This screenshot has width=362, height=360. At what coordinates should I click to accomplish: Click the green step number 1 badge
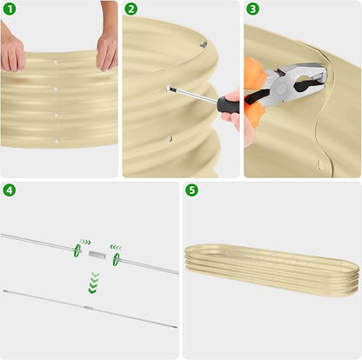(x=10, y=10)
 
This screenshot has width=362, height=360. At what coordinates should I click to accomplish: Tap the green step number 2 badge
(x=131, y=10)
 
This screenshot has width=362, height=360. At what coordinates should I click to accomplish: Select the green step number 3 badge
(x=252, y=10)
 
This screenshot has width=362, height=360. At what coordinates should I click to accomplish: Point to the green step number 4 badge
(x=10, y=190)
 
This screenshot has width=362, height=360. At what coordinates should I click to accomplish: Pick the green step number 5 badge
(x=191, y=190)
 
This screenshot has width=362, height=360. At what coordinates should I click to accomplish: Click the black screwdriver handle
(x=228, y=104)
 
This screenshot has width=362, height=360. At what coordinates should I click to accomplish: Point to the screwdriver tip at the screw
(x=171, y=90)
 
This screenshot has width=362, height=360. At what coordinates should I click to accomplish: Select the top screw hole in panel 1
(x=56, y=62)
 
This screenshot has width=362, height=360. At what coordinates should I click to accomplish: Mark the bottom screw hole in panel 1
(x=57, y=141)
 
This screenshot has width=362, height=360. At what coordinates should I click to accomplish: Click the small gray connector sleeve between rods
(x=97, y=254)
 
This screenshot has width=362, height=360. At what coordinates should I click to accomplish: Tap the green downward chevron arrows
(x=93, y=283)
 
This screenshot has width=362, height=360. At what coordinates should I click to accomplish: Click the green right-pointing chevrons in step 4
(x=85, y=242)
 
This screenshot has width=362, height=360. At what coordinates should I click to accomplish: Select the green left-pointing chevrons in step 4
(x=116, y=247)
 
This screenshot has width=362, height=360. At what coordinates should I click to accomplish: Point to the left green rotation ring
(x=77, y=250)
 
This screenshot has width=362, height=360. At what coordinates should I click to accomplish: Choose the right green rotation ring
(x=117, y=259)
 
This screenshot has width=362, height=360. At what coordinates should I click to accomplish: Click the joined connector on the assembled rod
(x=89, y=308)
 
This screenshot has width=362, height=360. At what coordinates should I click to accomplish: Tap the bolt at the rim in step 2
(x=204, y=44)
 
